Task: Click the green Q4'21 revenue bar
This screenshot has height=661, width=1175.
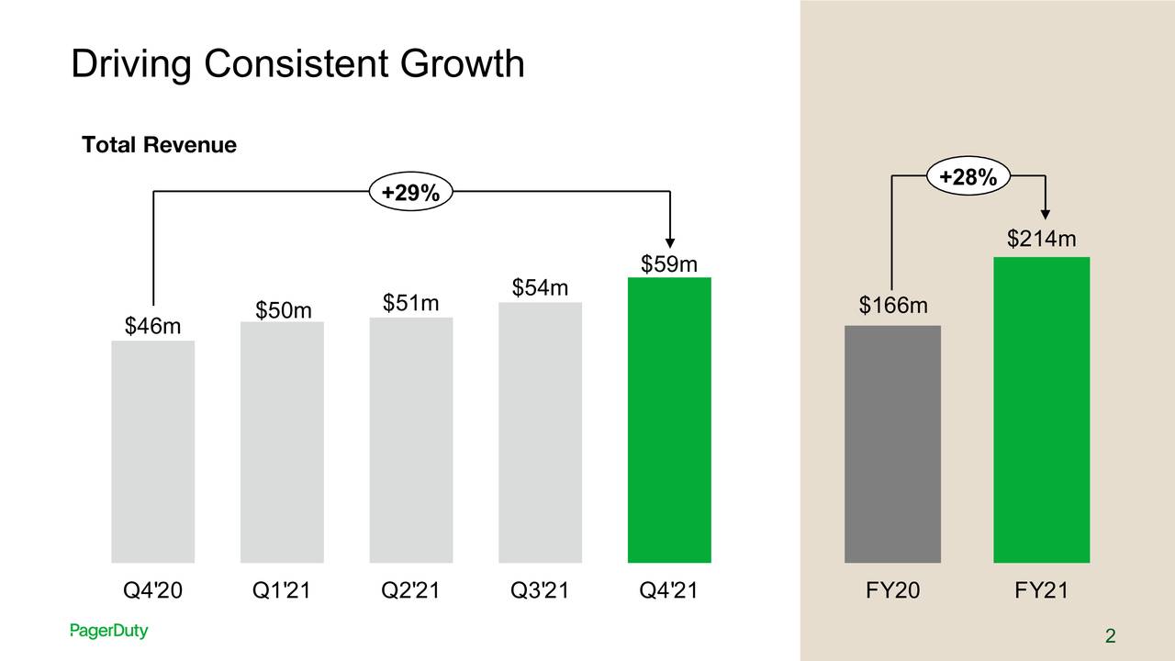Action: point(669,420)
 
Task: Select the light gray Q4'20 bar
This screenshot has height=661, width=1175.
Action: point(152,451)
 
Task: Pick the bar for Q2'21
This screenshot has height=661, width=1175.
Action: point(411,440)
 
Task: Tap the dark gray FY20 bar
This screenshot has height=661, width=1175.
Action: point(892,443)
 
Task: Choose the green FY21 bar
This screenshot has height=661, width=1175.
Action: point(1041,409)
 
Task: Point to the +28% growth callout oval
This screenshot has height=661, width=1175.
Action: point(969,178)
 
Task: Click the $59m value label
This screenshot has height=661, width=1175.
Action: point(669,265)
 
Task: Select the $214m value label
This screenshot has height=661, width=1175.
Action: point(1041,241)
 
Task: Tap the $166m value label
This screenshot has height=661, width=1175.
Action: point(893,305)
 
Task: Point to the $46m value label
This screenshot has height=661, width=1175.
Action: point(152,327)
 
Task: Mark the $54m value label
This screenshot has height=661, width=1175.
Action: point(541,288)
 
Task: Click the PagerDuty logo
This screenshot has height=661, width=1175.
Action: point(108,632)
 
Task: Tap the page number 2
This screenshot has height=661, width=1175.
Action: point(1110,637)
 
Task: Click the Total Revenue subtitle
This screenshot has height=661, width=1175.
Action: point(159,145)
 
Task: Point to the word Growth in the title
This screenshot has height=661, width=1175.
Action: point(462,64)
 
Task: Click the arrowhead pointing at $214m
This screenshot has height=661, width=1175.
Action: point(1046,215)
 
